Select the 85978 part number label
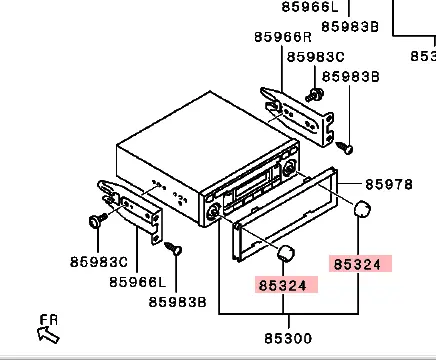[x=388, y=184]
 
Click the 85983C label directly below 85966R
[x=315, y=58]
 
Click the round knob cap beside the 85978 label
[x=363, y=209]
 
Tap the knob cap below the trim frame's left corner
[x=288, y=252]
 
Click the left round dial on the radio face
[x=214, y=211]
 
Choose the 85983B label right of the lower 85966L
[x=177, y=301]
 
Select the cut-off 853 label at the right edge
[x=423, y=57]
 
